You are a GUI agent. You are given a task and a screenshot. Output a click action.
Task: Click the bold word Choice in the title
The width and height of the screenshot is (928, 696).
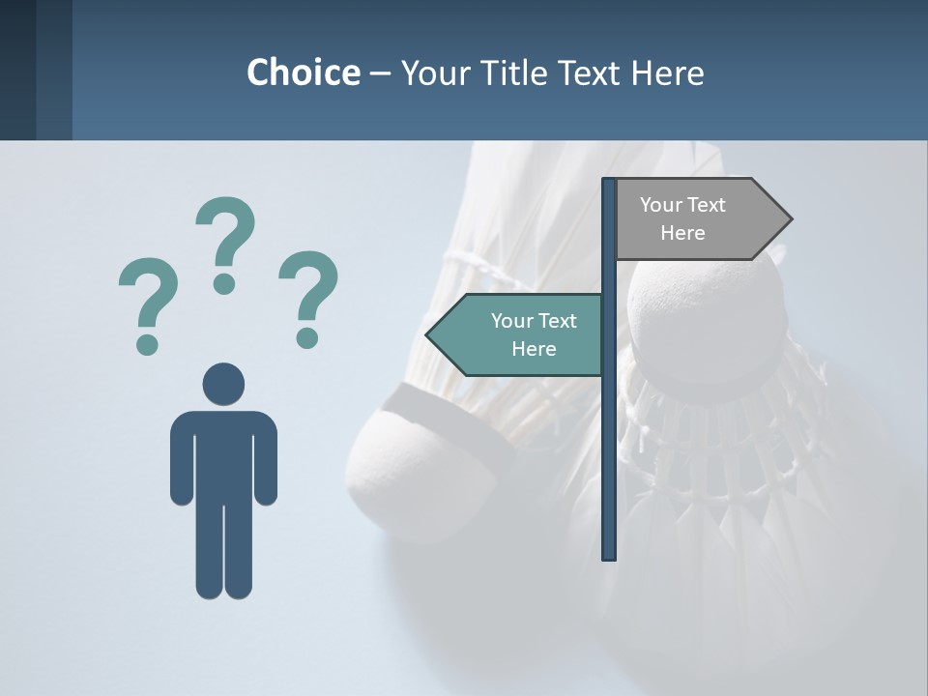pos(303,72)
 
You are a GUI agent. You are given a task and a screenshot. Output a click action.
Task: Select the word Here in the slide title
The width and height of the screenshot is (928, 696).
pos(667,72)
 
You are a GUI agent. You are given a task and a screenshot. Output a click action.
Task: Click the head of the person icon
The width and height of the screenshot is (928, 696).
pos(223,384)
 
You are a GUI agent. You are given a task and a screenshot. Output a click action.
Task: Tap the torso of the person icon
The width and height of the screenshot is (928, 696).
pos(223,454)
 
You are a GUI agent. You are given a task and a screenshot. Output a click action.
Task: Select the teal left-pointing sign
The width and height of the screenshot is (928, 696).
pos(522,334)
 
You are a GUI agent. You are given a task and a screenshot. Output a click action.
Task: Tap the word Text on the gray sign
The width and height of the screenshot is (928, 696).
pos(706,205)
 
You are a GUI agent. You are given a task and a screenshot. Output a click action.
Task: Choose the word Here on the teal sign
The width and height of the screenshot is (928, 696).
pos(534,349)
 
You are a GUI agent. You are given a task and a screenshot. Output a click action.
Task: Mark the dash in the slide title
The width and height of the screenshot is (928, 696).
pos(380,74)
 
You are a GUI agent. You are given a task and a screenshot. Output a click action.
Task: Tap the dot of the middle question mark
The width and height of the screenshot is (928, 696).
pos(224,282)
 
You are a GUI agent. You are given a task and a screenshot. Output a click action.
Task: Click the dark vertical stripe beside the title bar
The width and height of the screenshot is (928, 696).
pos(54,70)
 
